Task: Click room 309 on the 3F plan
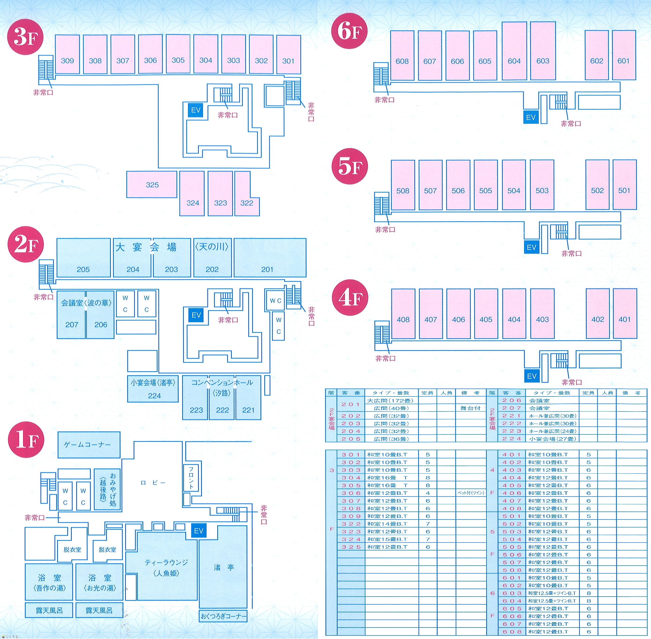tap(67, 54)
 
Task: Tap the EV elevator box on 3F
tap(196, 110)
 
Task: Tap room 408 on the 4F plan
tap(403, 314)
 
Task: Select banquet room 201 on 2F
tap(270, 258)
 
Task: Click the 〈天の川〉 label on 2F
tap(212, 247)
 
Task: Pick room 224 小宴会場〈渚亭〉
tap(153, 389)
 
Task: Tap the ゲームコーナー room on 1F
tap(89, 445)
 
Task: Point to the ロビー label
tap(153, 483)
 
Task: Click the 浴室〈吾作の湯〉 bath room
tap(49, 582)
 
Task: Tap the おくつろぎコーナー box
tap(223, 617)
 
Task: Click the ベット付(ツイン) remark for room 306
tap(471, 493)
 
